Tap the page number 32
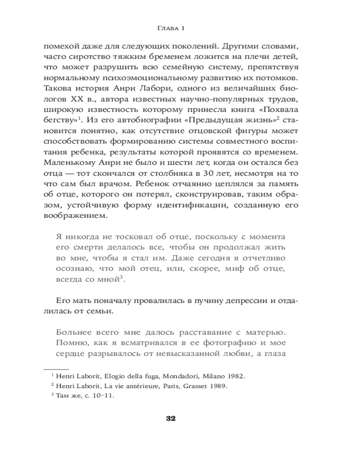(171, 418)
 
